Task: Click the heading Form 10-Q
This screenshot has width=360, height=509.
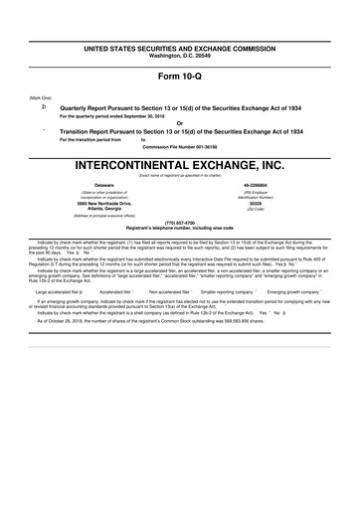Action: tap(180, 77)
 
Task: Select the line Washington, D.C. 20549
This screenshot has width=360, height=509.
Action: tap(180, 54)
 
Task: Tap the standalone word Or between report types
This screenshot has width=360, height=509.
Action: tap(180, 123)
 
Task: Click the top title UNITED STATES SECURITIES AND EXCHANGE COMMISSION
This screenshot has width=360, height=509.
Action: tap(180, 47)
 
